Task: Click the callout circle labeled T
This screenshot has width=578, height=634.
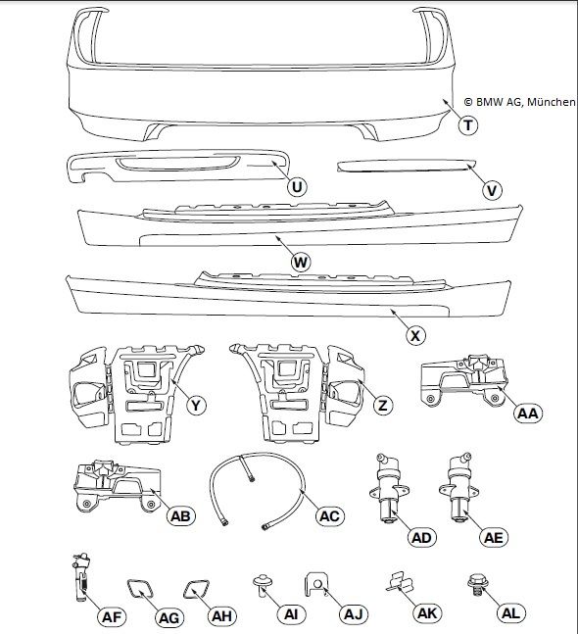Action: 468,125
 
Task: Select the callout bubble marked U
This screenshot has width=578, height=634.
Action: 297,187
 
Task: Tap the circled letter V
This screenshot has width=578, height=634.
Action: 492,190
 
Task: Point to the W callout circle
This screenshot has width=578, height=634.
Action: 301,263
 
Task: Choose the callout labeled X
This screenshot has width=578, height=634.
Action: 415,335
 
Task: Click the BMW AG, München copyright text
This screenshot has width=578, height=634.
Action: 520,102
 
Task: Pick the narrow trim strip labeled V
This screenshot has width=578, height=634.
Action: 407,167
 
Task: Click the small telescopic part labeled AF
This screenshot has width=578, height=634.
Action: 81,577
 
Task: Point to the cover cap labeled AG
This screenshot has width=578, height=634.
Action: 140,589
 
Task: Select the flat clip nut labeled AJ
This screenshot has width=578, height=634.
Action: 316,583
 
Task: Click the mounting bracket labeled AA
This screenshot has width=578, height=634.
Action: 463,380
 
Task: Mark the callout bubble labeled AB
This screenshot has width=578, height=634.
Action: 180,516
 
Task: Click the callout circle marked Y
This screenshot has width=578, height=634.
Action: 196,405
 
